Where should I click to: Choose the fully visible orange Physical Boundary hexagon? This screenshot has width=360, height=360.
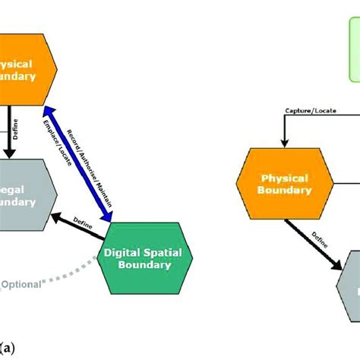284,185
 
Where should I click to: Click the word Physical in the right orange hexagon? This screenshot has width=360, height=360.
284,178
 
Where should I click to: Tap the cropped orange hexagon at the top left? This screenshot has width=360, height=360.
26,68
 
